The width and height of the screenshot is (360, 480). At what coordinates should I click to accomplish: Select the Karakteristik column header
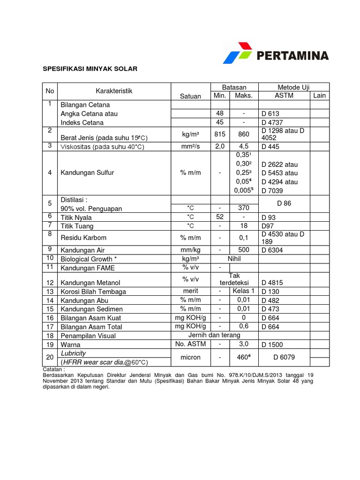click(x=114, y=91)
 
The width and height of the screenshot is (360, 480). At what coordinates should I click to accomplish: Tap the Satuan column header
click(x=190, y=96)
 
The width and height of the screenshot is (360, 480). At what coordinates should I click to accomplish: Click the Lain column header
click(x=319, y=96)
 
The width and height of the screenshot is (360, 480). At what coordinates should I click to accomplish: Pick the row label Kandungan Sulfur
click(x=87, y=172)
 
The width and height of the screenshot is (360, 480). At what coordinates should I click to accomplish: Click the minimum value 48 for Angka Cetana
click(x=220, y=113)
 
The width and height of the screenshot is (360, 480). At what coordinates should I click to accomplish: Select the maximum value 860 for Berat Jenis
click(x=244, y=134)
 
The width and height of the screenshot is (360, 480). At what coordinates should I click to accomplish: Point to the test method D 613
click(x=271, y=113)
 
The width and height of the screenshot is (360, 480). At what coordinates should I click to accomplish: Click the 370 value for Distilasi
click(x=244, y=208)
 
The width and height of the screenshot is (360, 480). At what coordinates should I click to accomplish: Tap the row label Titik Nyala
click(x=76, y=217)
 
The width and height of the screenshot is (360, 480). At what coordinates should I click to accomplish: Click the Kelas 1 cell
click(x=244, y=291)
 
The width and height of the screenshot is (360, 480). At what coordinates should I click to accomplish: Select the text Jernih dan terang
click(x=214, y=335)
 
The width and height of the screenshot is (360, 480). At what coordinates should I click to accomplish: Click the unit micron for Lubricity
click(x=190, y=357)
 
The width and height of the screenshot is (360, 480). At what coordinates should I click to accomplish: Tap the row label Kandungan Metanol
click(x=90, y=283)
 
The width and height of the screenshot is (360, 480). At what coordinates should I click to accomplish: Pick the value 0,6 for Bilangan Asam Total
click(x=244, y=326)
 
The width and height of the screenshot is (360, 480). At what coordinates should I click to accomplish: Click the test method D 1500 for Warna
click(x=272, y=345)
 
